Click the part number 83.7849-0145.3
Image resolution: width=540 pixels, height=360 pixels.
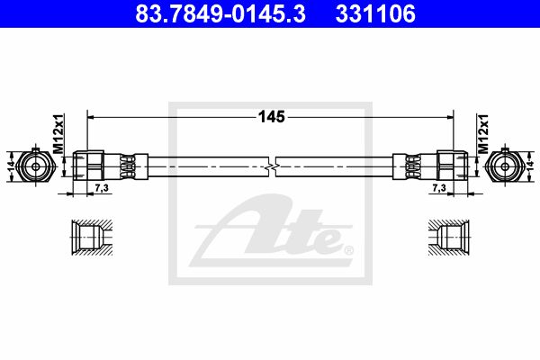220,13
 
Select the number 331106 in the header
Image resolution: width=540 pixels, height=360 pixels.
375,13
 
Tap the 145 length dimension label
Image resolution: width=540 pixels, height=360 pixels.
272,117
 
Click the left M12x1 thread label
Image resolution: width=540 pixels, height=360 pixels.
58,134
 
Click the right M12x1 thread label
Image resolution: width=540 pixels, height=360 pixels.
482,134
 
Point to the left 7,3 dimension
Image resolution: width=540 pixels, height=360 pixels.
101,188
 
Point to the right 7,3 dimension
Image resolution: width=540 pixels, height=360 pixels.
439,188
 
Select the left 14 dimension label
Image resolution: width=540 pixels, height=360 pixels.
12,166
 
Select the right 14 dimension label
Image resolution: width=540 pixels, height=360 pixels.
530,166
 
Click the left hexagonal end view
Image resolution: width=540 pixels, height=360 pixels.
35,166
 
